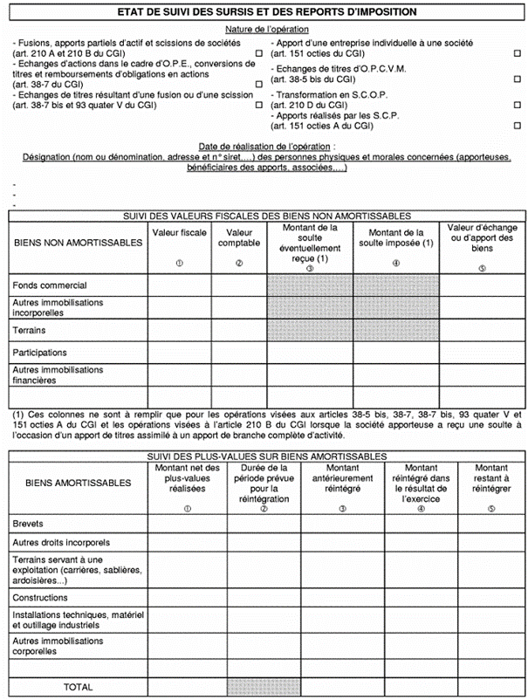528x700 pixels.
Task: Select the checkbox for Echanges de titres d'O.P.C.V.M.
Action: point(518,79)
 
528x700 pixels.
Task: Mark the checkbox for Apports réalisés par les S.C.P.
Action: point(518,127)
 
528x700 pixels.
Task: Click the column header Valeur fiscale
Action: point(179,233)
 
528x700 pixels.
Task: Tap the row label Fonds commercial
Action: point(49,285)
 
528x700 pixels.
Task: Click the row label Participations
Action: point(40,353)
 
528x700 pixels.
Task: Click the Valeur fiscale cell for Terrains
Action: point(179,331)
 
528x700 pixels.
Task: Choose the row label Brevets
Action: point(28,524)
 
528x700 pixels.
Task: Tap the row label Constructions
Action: point(40,598)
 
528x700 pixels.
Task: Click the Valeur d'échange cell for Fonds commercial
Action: point(483,285)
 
